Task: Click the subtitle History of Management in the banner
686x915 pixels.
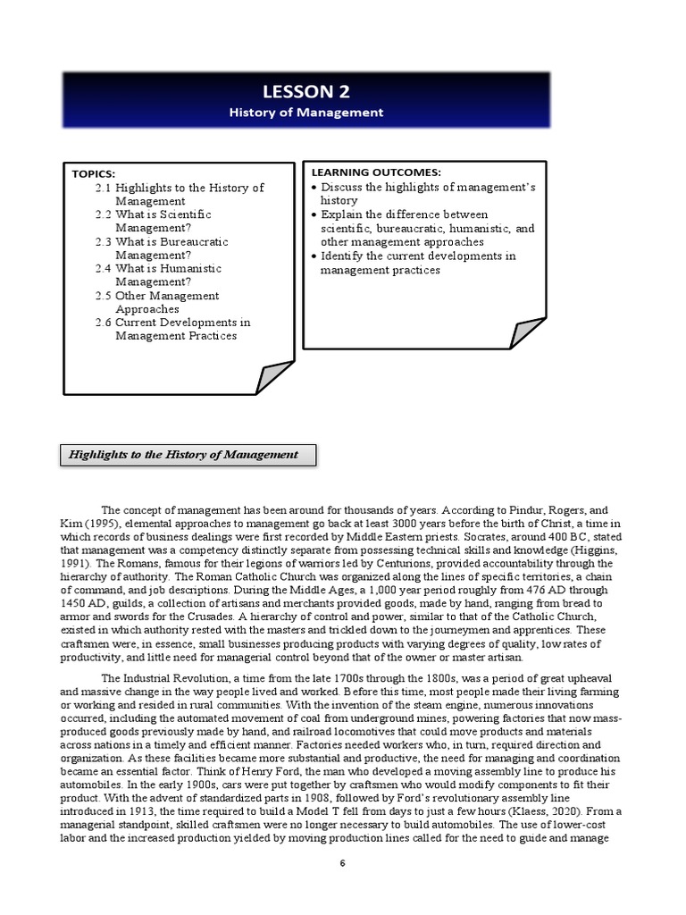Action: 306,113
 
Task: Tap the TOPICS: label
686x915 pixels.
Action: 94,173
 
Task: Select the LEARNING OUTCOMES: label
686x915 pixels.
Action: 376,172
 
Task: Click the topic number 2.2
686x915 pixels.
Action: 103,214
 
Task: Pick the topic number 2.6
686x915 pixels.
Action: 103,322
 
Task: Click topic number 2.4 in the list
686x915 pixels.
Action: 103,268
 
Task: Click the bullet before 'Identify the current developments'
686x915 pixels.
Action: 314,256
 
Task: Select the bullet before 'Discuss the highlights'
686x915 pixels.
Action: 314,188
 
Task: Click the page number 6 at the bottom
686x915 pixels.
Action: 342,863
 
